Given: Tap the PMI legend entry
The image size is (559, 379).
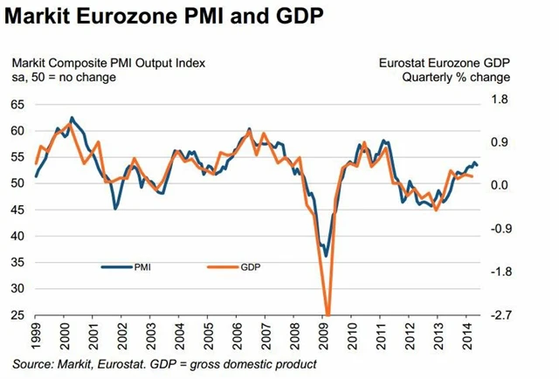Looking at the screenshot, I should pos(141,268).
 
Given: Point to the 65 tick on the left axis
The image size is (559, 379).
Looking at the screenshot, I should pos(17,105).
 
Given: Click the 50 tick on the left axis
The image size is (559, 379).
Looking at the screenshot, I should pos(17,183).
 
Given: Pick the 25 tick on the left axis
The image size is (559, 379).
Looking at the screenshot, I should pos(17,315).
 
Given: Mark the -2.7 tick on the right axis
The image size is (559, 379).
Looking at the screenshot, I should pos(499,315).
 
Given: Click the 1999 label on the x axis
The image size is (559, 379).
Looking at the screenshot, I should pos(36,334).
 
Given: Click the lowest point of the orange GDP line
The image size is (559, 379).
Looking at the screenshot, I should pos(328,314).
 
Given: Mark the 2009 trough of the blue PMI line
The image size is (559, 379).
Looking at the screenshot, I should pos(326,256).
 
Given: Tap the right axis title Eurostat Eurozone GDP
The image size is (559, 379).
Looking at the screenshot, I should pos(445,63).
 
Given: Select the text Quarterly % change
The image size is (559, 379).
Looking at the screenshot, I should pos(456,78).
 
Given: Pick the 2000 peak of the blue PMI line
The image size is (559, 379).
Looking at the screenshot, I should pos(72,117).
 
